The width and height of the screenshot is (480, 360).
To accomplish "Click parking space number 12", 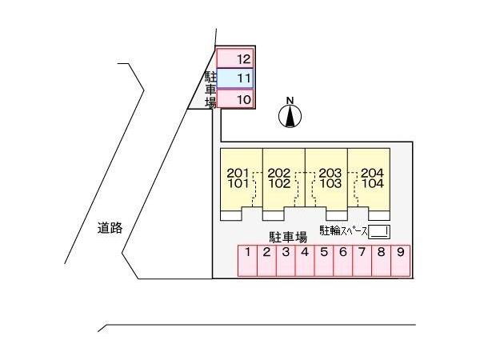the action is pos(235,58).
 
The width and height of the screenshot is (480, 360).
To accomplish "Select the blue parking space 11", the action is pos(235,78).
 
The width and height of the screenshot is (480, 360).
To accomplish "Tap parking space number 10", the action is pos(235,98).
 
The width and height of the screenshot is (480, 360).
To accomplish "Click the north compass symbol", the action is pos(290,116).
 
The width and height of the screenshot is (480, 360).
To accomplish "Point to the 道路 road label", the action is pos(110,228).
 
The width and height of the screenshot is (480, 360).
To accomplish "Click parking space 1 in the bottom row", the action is pos(248,261).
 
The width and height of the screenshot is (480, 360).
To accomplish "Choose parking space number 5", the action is pos(324,261).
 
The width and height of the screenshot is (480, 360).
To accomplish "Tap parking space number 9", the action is pos(401,261).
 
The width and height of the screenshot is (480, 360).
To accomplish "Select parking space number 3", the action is pos(286,261).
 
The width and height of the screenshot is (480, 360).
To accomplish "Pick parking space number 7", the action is pos(362,261).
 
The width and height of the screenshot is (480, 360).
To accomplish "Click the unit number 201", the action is pos(238,174).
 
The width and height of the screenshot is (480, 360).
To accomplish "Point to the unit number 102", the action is pos(279,184).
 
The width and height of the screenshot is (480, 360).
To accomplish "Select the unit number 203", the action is pos(330,174).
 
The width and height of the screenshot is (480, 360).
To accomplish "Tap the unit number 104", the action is pos(373,184).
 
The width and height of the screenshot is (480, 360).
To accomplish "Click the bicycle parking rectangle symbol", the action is pos(379,232).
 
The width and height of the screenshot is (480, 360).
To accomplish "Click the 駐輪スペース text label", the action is pos(343,231).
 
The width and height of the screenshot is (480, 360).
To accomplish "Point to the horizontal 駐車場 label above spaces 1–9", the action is pos(288,238).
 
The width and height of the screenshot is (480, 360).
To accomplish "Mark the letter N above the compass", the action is pos(290,101).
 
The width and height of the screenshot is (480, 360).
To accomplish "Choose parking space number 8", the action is pos(381,261).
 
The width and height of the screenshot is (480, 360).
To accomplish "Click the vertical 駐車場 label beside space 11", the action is pos(210,90).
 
